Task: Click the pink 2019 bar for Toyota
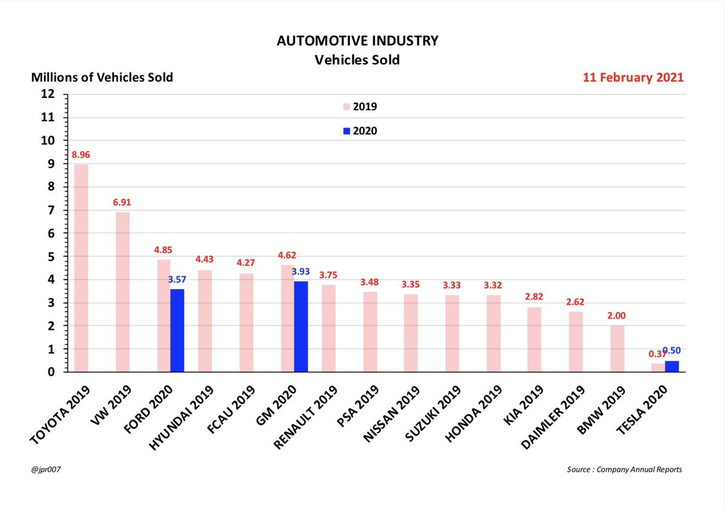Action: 81,268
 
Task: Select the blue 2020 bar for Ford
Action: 177,331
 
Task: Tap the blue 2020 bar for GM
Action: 301,326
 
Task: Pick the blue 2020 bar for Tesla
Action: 671,366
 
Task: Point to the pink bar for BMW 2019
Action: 617,349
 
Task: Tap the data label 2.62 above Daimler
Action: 576,302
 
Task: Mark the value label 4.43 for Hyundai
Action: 205,260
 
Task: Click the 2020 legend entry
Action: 360,131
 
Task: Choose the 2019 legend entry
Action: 360,107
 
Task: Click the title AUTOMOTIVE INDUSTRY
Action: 358,41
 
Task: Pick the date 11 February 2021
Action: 633,78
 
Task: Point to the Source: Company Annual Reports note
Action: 624,469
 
